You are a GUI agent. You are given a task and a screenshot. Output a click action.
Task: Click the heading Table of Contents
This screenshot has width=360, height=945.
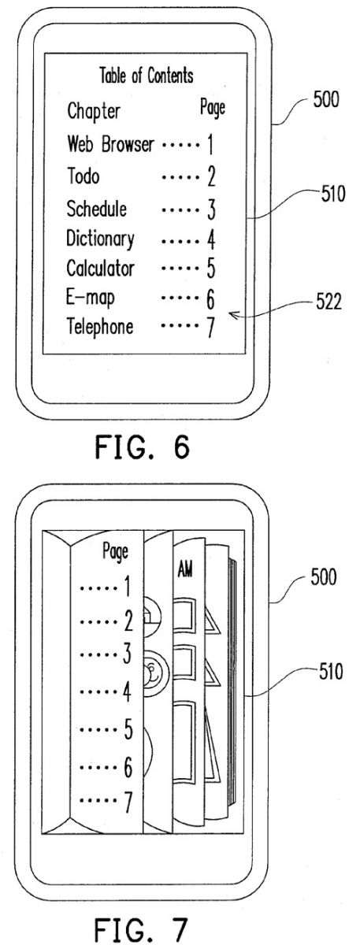coord(147,76)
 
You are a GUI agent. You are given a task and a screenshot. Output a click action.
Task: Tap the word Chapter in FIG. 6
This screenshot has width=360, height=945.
coord(94,111)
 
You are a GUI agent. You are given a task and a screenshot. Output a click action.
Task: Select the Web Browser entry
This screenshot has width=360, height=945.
coord(110,144)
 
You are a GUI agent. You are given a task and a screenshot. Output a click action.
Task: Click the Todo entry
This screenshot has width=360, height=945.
coord(84,176)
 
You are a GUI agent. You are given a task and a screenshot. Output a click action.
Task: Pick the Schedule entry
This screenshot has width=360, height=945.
coord(97,209)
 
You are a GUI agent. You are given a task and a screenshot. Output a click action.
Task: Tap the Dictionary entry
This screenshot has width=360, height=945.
coord(101,239)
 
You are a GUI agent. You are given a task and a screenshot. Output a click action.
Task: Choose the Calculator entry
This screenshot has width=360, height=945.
coord(101,268)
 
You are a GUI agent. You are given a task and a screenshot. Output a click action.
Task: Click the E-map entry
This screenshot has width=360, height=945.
coord(91,298)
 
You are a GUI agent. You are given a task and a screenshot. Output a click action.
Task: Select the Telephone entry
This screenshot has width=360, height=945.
coord(100,326)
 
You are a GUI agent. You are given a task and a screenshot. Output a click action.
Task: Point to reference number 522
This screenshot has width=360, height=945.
coord(328,302)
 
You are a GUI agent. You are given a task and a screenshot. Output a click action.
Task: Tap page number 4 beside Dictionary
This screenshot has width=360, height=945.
coord(211,239)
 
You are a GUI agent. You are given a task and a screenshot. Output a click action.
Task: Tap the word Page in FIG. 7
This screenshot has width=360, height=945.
coord(116,552)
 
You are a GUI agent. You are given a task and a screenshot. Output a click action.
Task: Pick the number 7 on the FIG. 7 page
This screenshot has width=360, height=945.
coord(128,802)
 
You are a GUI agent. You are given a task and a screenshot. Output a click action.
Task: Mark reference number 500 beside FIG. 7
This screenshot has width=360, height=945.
coord(324,576)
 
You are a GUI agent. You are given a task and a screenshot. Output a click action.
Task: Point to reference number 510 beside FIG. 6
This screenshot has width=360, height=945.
coord(333,194)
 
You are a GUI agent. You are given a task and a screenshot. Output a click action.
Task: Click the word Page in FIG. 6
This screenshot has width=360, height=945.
coord(213,108)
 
